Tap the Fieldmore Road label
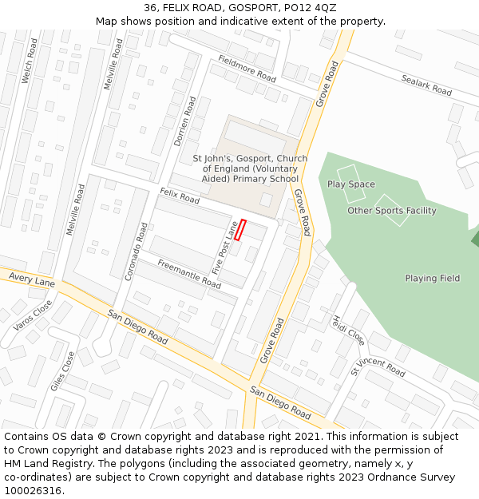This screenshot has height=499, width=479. tap(247, 69)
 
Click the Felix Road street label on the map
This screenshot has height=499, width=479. tap(180, 195)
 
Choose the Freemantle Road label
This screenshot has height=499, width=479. tap(188, 274)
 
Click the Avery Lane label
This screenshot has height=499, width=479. tap(32, 279)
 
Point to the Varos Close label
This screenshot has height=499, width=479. tap(33, 315)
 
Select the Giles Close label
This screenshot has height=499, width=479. tap(62, 370)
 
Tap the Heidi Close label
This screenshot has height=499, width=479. tap(349, 328)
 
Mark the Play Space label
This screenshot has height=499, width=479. tap(350, 184)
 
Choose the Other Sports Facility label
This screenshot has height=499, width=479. tap(391, 211)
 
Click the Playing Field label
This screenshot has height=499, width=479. tap(432, 279)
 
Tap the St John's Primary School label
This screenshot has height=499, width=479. tap(250, 168)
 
